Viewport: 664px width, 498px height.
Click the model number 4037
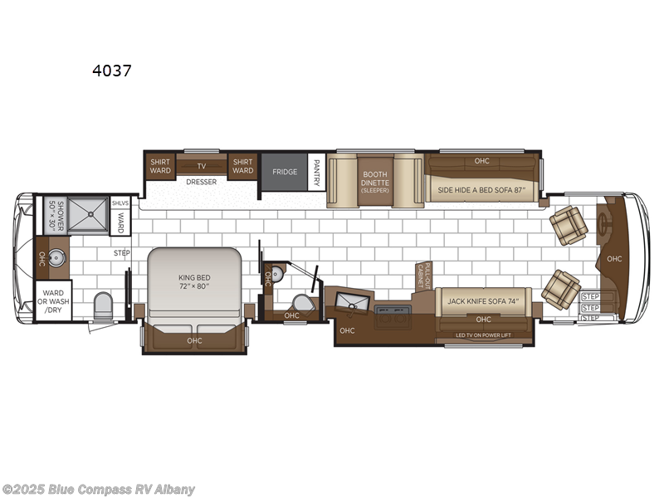click(x=111, y=71)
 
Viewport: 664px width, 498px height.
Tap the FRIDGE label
click(x=285, y=172)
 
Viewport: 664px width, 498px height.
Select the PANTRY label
click(x=316, y=172)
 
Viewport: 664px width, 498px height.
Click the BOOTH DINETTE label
click(x=374, y=180)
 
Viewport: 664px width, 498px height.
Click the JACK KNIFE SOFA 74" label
click(x=482, y=301)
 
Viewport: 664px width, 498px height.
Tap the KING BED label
click(x=194, y=281)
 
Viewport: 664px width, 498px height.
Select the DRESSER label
click(x=202, y=182)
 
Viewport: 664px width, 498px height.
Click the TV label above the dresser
click(x=201, y=166)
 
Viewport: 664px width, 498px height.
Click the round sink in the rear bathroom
click(x=58, y=257)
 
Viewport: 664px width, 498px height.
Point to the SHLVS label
click(x=120, y=203)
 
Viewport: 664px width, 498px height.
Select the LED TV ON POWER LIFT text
click(x=483, y=334)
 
